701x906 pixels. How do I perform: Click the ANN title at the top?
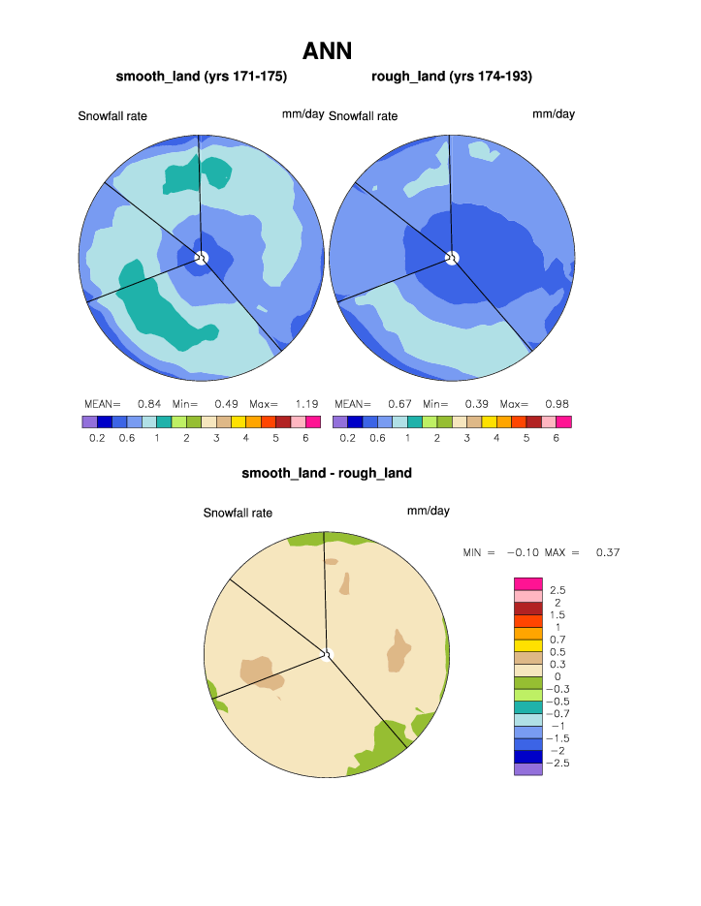[327, 49]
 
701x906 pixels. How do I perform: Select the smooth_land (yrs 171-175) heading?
[202, 76]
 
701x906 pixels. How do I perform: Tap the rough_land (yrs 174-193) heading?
[452, 76]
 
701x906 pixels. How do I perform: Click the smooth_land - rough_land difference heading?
[327, 473]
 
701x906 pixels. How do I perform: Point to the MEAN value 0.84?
[148, 403]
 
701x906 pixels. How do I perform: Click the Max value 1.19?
[306, 403]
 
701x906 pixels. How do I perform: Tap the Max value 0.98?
[557, 403]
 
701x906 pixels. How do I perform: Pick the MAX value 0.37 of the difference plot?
[607, 552]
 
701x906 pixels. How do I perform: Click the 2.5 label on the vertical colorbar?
[558, 590]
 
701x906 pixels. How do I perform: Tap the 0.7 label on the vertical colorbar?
[558, 640]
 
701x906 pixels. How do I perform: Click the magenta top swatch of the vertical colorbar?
[527, 583]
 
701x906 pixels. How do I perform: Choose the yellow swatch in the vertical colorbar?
[527, 645]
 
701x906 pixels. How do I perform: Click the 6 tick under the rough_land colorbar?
[556, 438]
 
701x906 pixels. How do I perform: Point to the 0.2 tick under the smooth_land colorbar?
[97, 438]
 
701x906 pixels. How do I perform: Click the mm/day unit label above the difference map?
[428, 511]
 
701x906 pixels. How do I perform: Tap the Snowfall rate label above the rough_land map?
[363, 116]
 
